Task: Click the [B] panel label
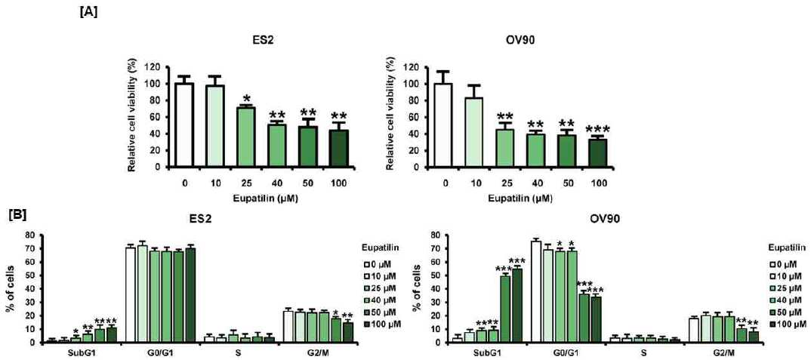pos(17,213)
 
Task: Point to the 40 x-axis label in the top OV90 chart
pos(531,183)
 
